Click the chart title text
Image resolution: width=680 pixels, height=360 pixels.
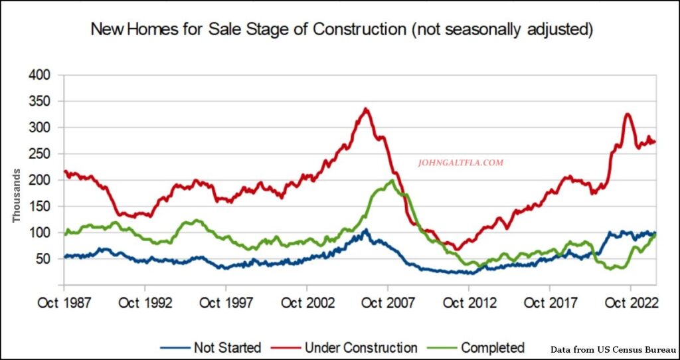[341, 29]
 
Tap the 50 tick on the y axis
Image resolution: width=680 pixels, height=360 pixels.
[44, 259]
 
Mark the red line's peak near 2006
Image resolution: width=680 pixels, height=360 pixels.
[366, 109]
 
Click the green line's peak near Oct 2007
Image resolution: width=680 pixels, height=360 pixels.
[392, 180]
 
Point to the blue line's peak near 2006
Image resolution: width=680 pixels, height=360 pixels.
[365, 230]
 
